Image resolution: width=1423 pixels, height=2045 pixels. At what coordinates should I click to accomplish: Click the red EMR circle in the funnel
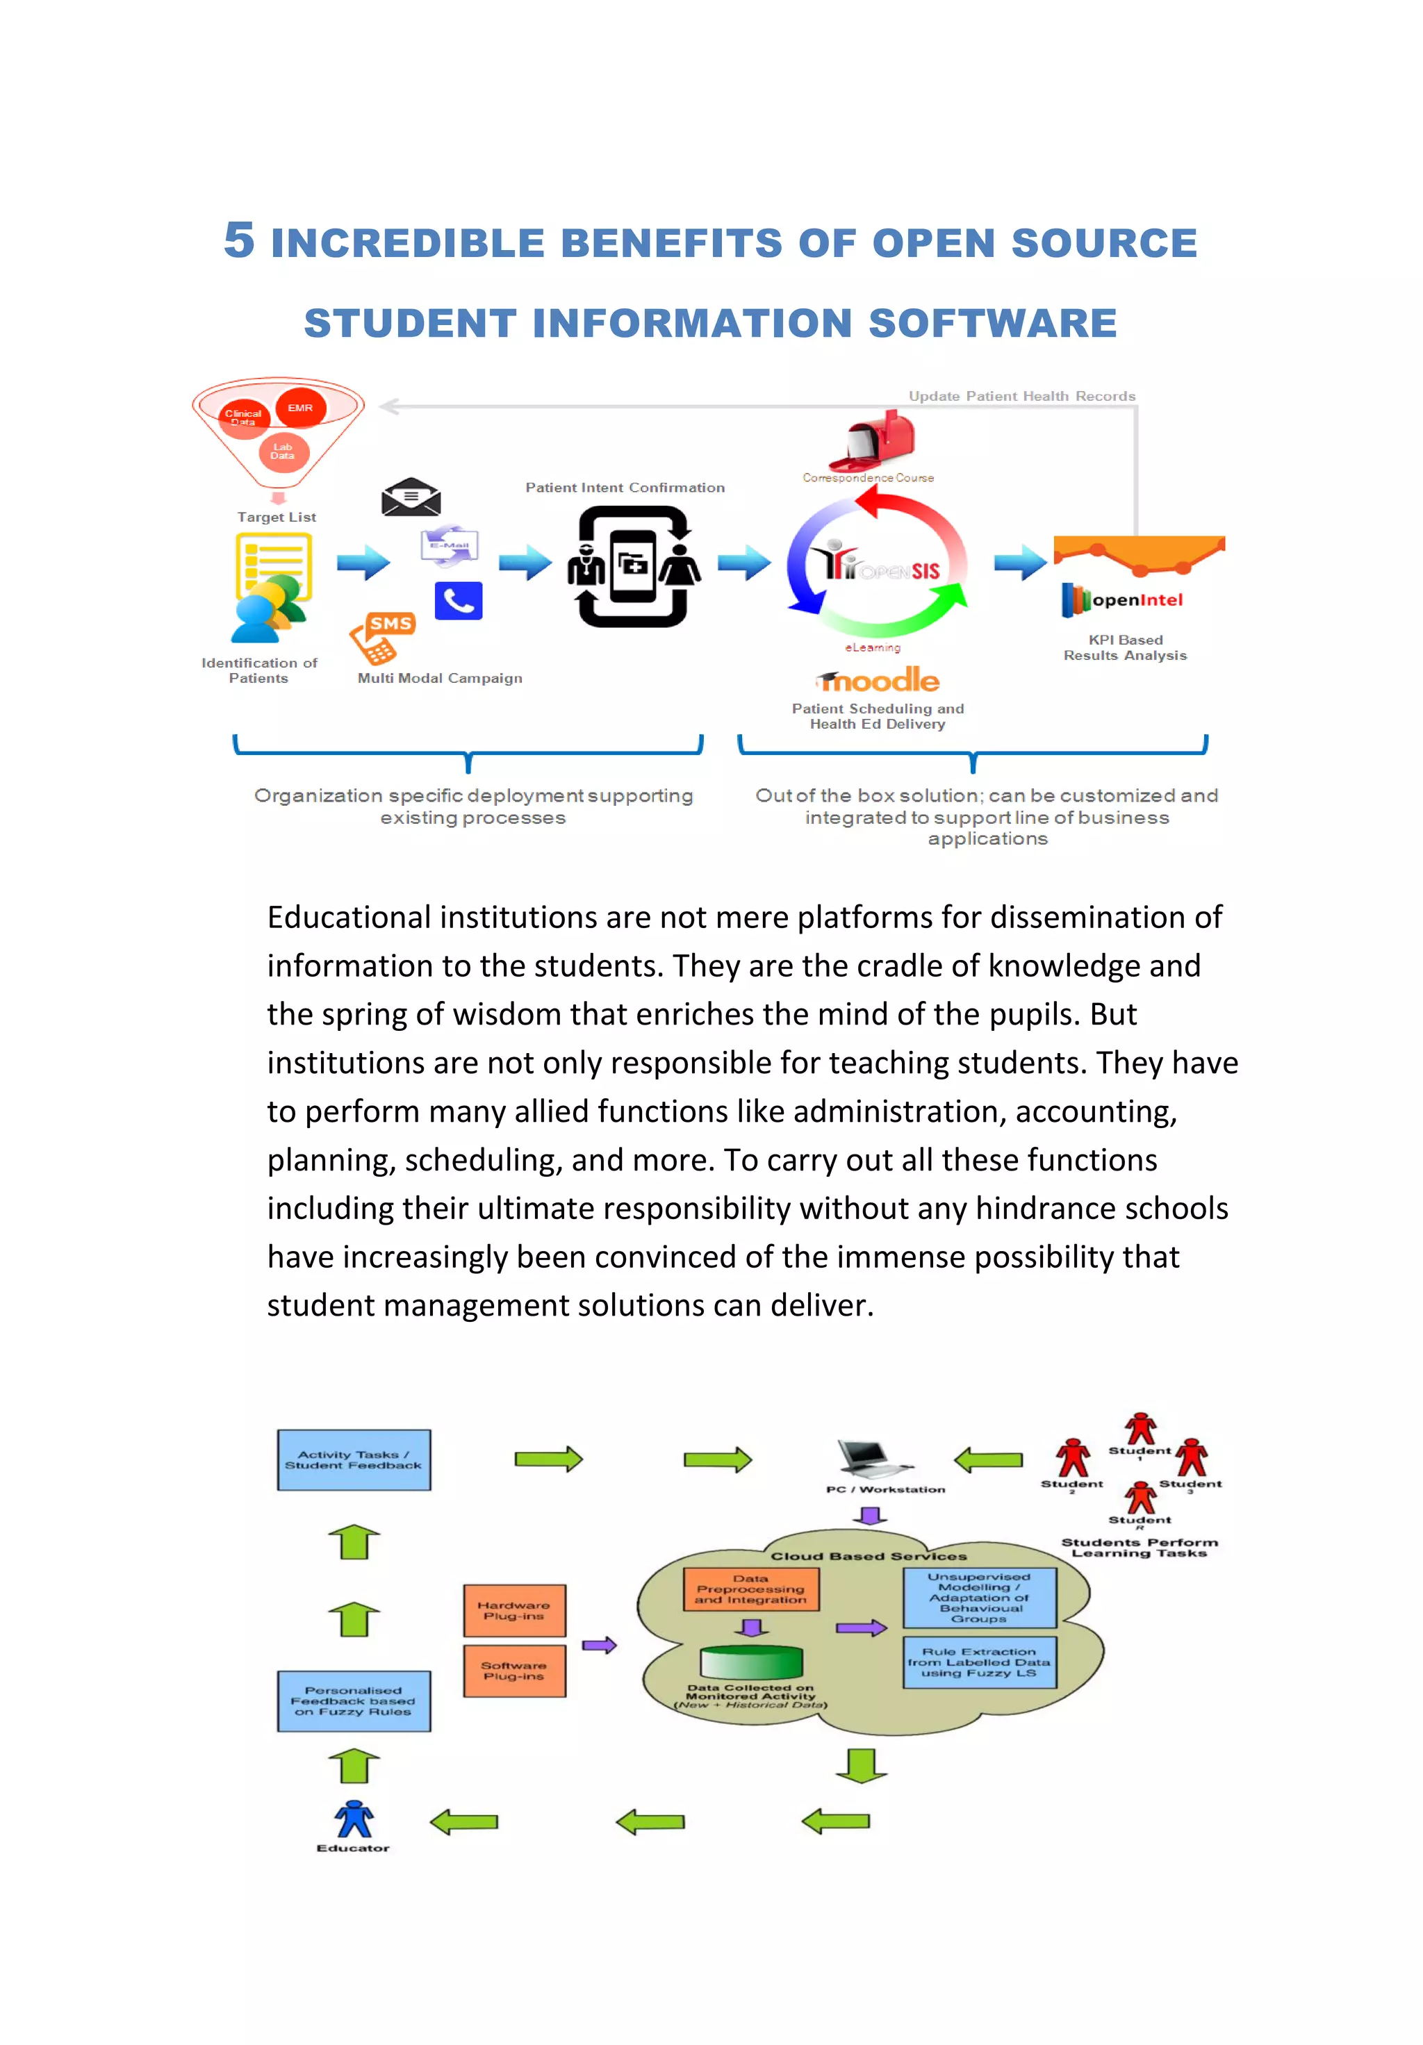[x=300, y=408]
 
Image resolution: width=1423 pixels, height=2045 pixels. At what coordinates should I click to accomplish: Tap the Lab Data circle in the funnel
[x=283, y=452]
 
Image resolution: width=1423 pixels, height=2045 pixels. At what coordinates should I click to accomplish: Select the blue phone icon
[x=458, y=602]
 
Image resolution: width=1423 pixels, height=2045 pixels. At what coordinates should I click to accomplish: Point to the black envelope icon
[x=411, y=497]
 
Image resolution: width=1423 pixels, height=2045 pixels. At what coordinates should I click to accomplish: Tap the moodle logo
[x=878, y=681]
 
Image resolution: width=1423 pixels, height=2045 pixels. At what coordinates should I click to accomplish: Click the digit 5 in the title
[x=239, y=240]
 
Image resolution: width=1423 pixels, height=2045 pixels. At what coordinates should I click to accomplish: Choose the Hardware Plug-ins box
[x=514, y=1610]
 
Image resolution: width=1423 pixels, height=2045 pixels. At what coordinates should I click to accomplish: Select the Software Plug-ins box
[x=514, y=1671]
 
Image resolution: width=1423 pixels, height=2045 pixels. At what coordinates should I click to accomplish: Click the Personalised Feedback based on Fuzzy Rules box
[x=354, y=1700]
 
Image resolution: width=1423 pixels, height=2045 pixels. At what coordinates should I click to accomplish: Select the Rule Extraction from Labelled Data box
[x=979, y=1662]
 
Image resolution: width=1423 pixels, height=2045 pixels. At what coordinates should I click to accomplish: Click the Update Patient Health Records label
[x=1021, y=397]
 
